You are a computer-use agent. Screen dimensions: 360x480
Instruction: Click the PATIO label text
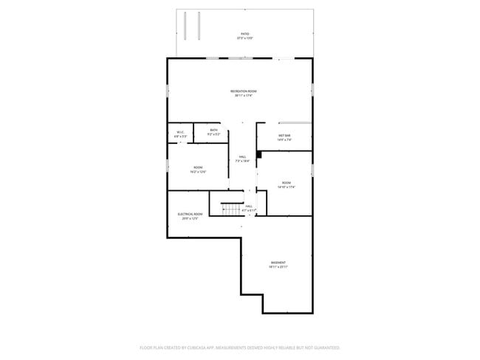point(244,33)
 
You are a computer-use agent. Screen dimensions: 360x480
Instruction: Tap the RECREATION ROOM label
point(244,91)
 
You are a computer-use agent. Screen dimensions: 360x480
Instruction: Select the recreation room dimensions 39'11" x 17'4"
point(244,95)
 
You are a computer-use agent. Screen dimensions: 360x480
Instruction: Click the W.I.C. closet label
point(180,132)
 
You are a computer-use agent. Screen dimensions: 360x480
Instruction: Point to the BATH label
point(213,130)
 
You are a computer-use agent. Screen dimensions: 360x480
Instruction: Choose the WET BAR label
point(284,135)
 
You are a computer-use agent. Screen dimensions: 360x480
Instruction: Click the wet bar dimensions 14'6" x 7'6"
point(284,139)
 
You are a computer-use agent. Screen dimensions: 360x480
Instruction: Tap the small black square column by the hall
point(259,155)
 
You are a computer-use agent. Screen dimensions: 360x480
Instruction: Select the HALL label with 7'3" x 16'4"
point(243,156)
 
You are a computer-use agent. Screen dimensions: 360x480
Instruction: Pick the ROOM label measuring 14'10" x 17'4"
point(286,182)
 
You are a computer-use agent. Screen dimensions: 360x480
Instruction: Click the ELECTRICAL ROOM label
point(190,214)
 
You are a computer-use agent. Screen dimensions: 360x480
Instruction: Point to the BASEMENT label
point(278,263)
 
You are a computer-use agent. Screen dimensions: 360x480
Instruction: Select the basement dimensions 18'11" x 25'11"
point(278,267)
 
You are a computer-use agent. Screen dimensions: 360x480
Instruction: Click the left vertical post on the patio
point(187,27)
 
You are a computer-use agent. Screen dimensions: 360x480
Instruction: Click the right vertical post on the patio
point(198,27)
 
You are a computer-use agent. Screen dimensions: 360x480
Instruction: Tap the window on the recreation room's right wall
point(312,89)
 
